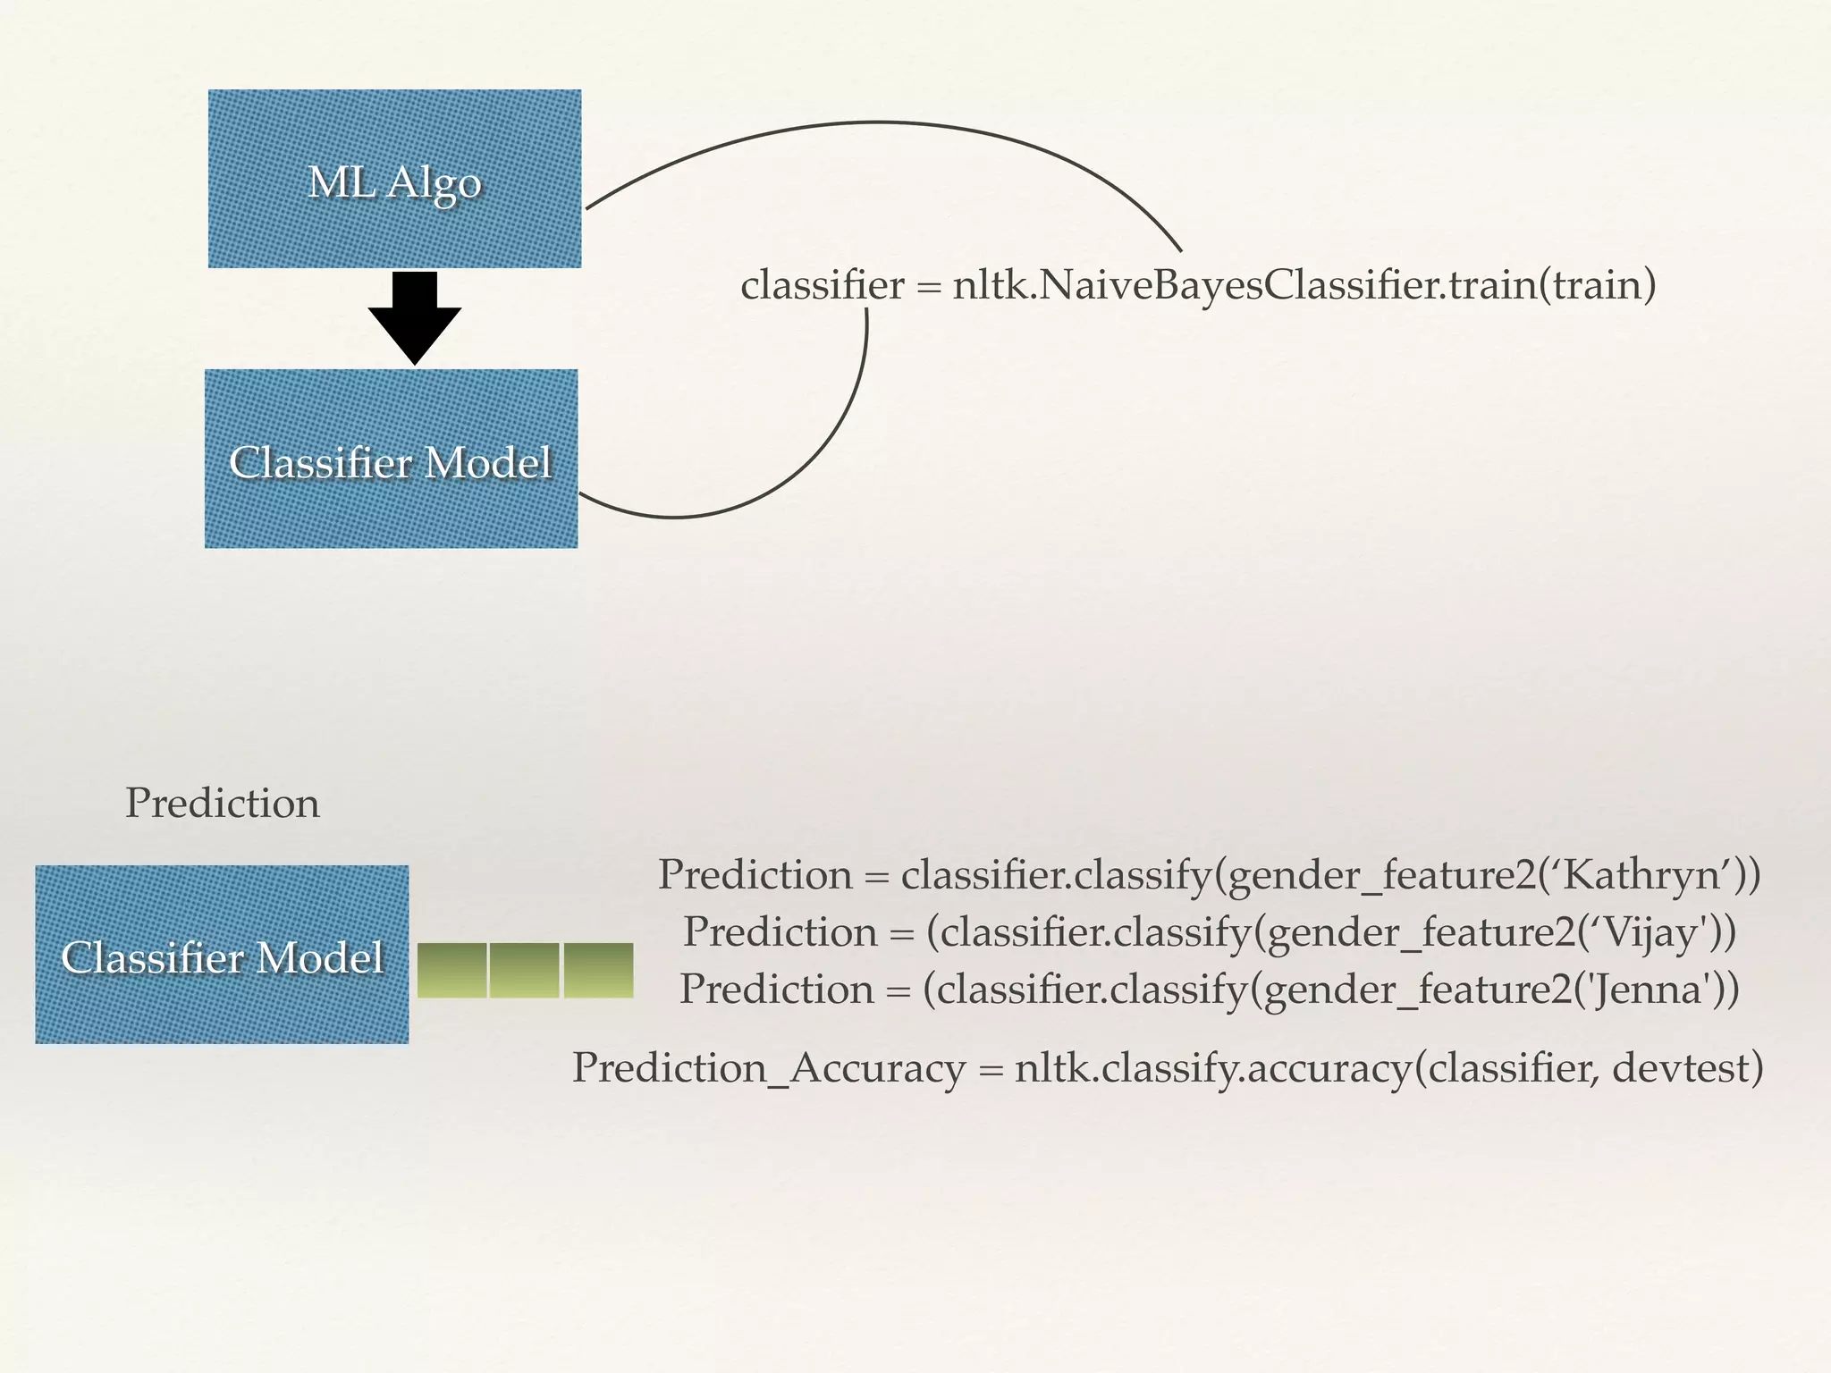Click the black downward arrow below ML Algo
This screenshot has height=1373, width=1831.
414,318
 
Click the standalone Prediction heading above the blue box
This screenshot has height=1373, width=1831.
223,803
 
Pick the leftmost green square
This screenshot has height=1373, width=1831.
451,970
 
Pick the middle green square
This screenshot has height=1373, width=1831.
525,970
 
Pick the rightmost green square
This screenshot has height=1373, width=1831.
598,970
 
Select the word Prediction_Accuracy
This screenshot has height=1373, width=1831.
768,1068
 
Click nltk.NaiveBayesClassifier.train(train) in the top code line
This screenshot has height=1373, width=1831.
1304,286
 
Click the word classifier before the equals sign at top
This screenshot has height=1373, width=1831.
822,286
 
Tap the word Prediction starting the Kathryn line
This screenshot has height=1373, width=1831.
755,874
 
